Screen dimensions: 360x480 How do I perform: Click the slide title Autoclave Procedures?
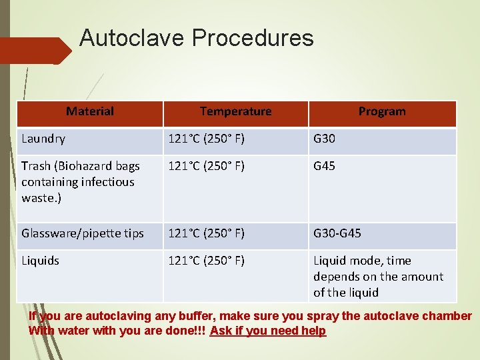196,38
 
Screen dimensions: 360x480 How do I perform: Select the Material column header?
90,111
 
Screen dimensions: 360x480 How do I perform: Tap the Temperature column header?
235,111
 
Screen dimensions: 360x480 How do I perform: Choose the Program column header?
382,111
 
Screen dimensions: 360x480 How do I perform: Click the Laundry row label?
43,139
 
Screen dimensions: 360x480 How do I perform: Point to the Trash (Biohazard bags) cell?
80,181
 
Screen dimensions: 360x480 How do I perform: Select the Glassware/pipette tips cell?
83,233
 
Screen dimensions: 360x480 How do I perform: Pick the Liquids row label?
40,261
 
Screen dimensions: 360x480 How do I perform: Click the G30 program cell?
325,139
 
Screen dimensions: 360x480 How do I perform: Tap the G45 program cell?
325,166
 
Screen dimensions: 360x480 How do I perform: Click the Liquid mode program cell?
378,276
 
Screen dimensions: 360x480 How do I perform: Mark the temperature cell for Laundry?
206,139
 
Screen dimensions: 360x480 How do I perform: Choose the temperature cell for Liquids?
206,261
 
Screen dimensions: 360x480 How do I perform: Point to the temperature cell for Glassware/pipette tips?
206,233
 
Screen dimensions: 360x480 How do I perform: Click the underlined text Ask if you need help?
267,331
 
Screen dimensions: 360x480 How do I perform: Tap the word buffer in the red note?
195,316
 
